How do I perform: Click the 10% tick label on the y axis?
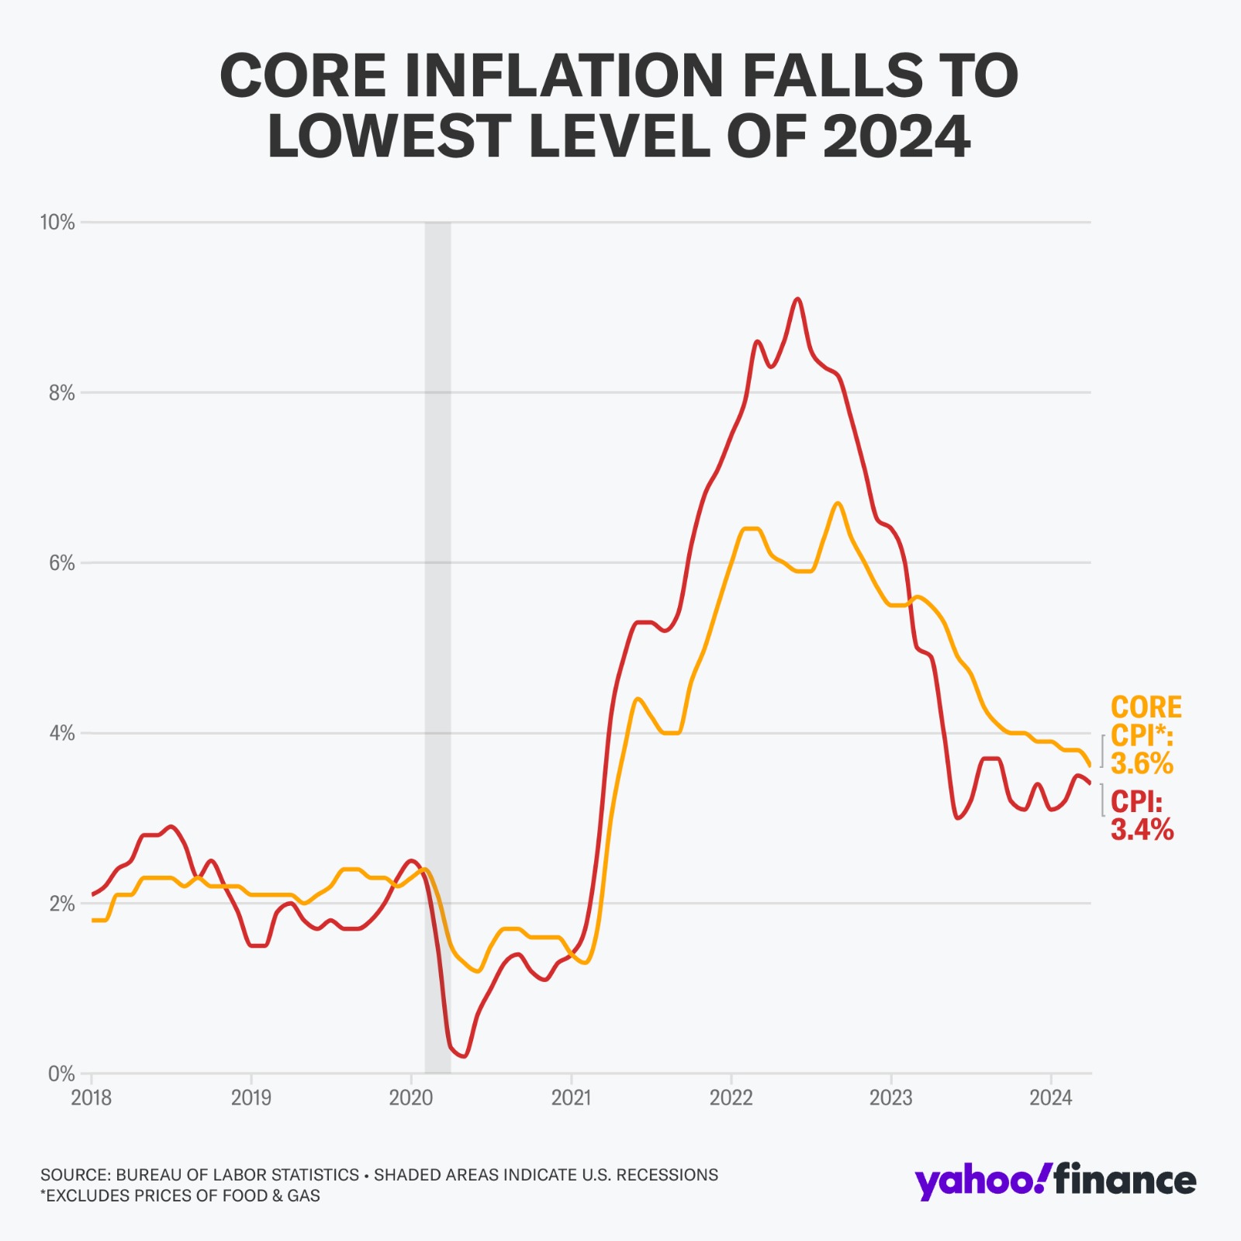click(57, 223)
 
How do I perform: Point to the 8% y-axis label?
click(61, 393)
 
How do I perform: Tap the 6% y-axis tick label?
click(61, 563)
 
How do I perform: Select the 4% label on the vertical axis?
click(61, 733)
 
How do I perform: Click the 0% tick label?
click(61, 1074)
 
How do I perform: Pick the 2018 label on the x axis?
click(92, 1098)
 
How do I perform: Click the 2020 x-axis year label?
click(411, 1098)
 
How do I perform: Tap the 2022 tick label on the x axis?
click(731, 1098)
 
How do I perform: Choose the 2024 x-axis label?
click(1050, 1098)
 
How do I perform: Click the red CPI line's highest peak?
click(797, 299)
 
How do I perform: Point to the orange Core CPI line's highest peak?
click(838, 503)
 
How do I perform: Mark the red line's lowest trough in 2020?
click(464, 1056)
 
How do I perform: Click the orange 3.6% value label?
click(1142, 764)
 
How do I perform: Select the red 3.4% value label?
click(1142, 830)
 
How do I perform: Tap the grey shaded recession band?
click(437, 620)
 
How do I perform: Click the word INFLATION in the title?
click(564, 76)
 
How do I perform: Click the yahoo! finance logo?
click(1055, 1181)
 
